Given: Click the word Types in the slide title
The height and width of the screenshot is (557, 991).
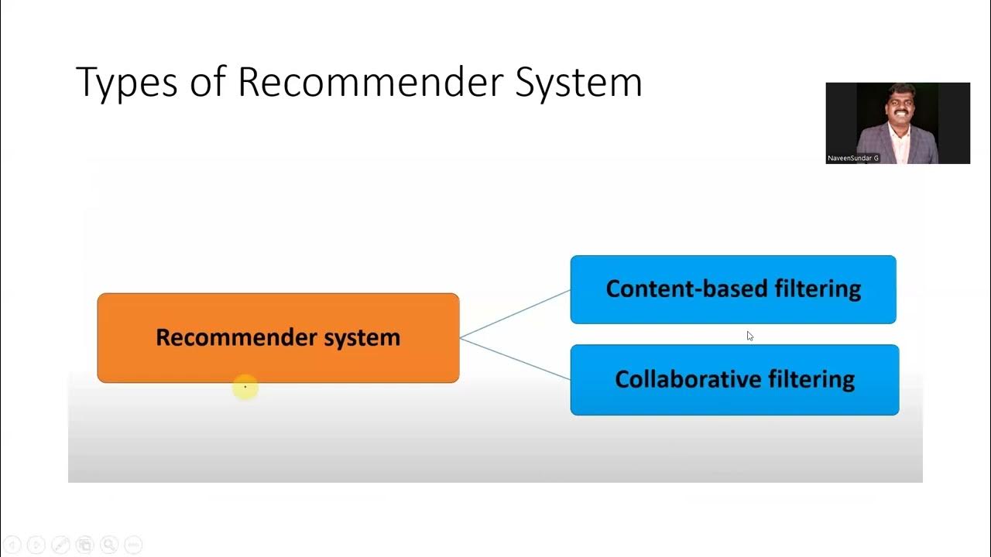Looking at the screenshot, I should point(126,82).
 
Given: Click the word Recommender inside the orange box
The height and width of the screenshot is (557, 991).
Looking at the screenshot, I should point(236,337).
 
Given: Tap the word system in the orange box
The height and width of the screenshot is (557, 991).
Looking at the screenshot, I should point(362,338).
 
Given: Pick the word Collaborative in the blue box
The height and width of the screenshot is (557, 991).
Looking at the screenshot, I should point(687,379).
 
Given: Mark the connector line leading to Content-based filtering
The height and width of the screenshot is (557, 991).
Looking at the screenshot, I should point(515,313).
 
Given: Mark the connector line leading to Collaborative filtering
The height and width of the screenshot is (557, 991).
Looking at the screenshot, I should point(515,359).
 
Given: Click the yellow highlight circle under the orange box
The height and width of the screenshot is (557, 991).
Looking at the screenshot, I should point(245,387).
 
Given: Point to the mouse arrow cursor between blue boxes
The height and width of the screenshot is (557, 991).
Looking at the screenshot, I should point(749,336).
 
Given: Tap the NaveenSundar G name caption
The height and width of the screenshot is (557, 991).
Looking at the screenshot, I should point(853,158).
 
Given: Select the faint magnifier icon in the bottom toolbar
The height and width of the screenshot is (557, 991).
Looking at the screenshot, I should point(108,545).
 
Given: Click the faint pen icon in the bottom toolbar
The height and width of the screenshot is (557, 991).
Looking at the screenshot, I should point(60,545).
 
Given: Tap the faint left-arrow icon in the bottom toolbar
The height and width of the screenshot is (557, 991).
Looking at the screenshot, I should point(12,545).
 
